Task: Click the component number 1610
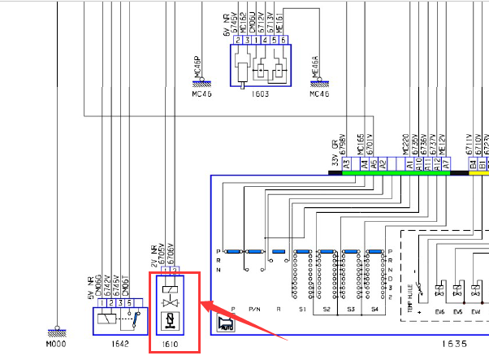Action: click(170, 345)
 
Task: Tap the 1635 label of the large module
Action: click(449, 345)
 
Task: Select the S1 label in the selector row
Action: click(302, 310)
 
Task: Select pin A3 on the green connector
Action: click(346, 163)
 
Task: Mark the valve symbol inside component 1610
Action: click(170, 302)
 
